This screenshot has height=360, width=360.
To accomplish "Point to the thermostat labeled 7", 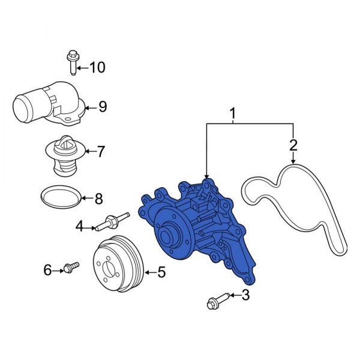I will coord(64,155).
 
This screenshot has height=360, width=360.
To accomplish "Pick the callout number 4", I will coord(79,226).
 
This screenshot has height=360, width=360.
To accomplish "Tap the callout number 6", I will coord(48,271).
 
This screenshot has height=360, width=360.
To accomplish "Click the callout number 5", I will coord(161,273).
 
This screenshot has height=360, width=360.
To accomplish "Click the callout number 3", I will coord(244,295).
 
